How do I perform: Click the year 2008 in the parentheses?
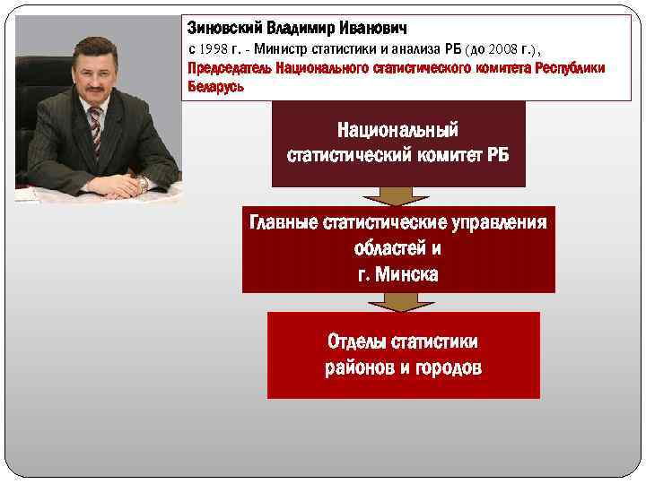pyautogui.click(x=511, y=48)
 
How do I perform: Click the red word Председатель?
pyautogui.click(x=231, y=68)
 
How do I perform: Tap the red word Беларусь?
pyautogui.click(x=215, y=88)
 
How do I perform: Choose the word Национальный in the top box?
pyautogui.click(x=398, y=131)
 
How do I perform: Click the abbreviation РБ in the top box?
pyautogui.click(x=498, y=154)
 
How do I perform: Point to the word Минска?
pyautogui.click(x=408, y=273)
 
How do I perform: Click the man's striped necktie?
pyautogui.click(x=93, y=130)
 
